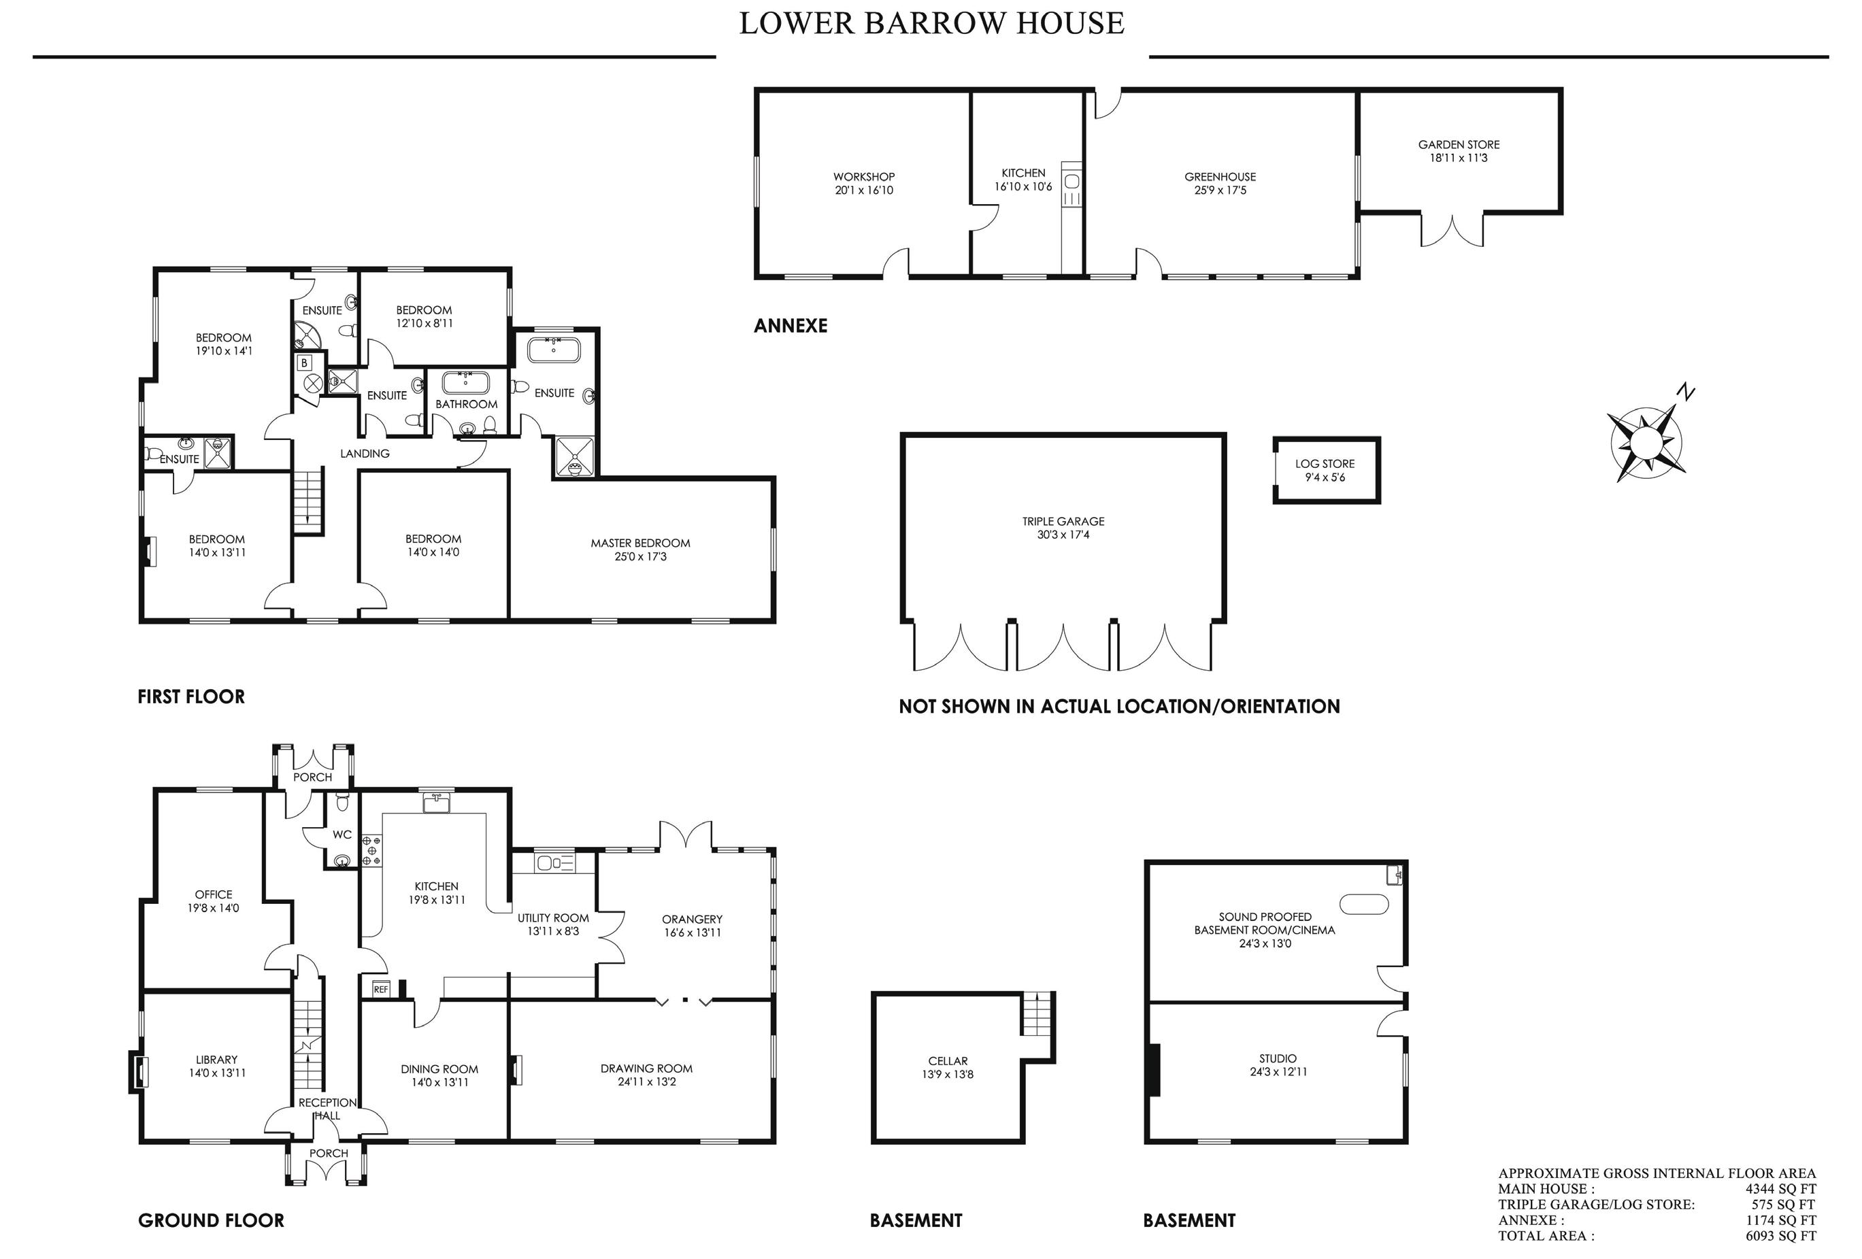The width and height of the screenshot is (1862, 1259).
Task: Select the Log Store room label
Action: (x=1325, y=464)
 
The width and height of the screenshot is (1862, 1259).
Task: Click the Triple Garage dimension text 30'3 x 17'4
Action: (x=1063, y=534)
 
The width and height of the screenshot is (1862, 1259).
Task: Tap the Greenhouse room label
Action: (x=1220, y=177)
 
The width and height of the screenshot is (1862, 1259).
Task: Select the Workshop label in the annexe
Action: (x=864, y=177)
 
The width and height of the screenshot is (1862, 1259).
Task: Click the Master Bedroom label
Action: (x=640, y=543)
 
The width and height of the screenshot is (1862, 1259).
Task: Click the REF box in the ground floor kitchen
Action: (x=380, y=989)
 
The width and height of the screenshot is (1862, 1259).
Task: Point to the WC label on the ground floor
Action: (x=342, y=835)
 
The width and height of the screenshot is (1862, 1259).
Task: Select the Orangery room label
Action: (x=693, y=920)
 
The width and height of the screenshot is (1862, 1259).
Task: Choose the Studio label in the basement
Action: (x=1277, y=1059)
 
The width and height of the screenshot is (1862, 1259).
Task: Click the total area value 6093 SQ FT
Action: (x=1781, y=1236)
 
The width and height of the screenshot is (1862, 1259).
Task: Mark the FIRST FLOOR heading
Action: (x=191, y=696)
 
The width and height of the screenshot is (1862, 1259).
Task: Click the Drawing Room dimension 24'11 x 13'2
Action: (x=646, y=1082)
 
